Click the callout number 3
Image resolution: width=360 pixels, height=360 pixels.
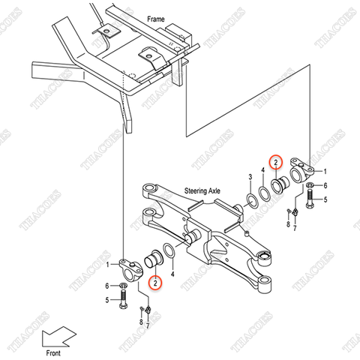[250, 178]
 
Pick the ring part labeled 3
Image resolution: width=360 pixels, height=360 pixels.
[250, 199]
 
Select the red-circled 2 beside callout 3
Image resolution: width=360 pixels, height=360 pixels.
[275, 162]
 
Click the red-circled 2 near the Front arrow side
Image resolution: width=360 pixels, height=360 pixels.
[154, 283]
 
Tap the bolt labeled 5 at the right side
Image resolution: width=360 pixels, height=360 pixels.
[308, 201]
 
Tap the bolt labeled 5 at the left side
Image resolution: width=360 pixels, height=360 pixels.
[124, 300]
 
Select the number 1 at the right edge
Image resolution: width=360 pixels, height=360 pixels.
[325, 171]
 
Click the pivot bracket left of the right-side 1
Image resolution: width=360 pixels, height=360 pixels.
[307, 172]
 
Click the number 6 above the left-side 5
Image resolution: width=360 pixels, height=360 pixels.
[108, 286]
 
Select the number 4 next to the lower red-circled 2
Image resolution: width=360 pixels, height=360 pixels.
[173, 275]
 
